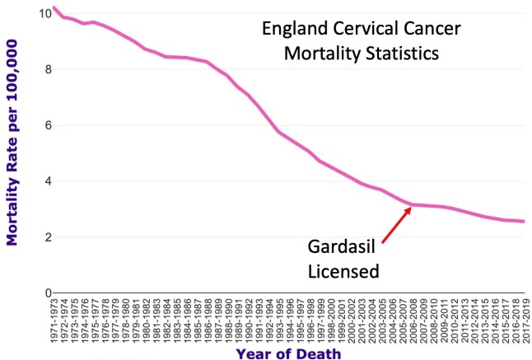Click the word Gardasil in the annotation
coord(340,247)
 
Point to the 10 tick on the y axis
coord(39,14)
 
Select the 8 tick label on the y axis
coord(40,70)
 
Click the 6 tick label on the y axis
coord(40,126)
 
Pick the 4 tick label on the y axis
coord(40,181)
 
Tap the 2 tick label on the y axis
coord(40,237)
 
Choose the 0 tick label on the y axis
coord(40,292)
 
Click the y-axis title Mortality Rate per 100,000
coord(12,153)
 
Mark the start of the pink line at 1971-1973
coord(53,8)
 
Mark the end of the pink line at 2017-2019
coord(524,222)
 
